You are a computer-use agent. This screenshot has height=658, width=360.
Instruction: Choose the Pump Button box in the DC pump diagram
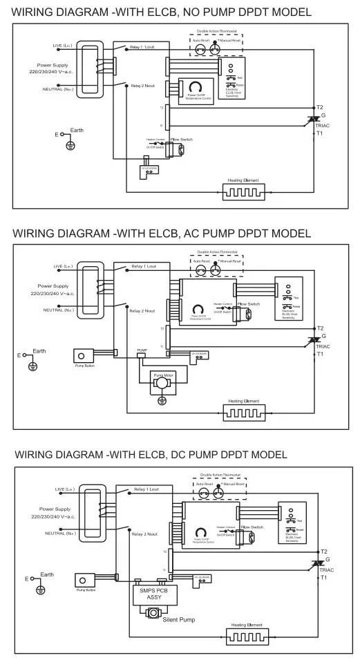point(86,582)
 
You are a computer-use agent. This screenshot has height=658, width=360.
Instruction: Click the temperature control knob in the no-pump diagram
point(196,86)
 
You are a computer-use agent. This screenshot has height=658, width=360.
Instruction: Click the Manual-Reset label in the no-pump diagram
point(231,41)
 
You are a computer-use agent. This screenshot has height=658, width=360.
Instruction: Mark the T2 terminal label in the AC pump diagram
point(320,328)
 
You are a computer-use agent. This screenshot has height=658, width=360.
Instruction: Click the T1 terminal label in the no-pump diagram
point(319,133)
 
